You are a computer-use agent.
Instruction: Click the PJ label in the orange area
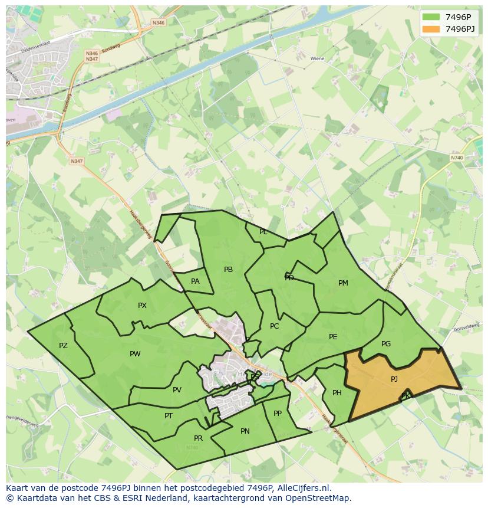coord(394,379)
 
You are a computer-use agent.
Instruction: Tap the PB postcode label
coord(229,270)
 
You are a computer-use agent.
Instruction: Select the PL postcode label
coord(263,232)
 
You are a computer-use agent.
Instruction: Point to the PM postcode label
coord(343,283)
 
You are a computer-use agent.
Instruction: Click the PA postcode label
coord(195,281)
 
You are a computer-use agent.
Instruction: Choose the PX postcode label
coord(142,306)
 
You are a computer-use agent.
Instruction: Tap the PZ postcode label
coord(63,346)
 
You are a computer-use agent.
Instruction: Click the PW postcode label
coord(135,354)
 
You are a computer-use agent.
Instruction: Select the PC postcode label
coord(274,326)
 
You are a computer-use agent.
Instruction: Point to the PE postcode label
coord(333,337)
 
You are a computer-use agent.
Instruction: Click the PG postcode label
coord(386,344)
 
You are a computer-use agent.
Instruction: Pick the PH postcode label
coord(337,393)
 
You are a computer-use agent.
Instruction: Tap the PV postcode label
coord(177,390)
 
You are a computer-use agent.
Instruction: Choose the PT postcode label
coord(169,416)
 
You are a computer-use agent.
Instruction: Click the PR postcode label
coord(198,438)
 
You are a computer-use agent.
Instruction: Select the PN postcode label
coord(245,431)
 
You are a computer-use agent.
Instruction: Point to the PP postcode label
coord(278,414)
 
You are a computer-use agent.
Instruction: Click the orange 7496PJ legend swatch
coord(431,29)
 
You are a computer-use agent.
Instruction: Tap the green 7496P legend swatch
coord(431,17)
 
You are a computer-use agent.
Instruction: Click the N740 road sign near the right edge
coord(457,158)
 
